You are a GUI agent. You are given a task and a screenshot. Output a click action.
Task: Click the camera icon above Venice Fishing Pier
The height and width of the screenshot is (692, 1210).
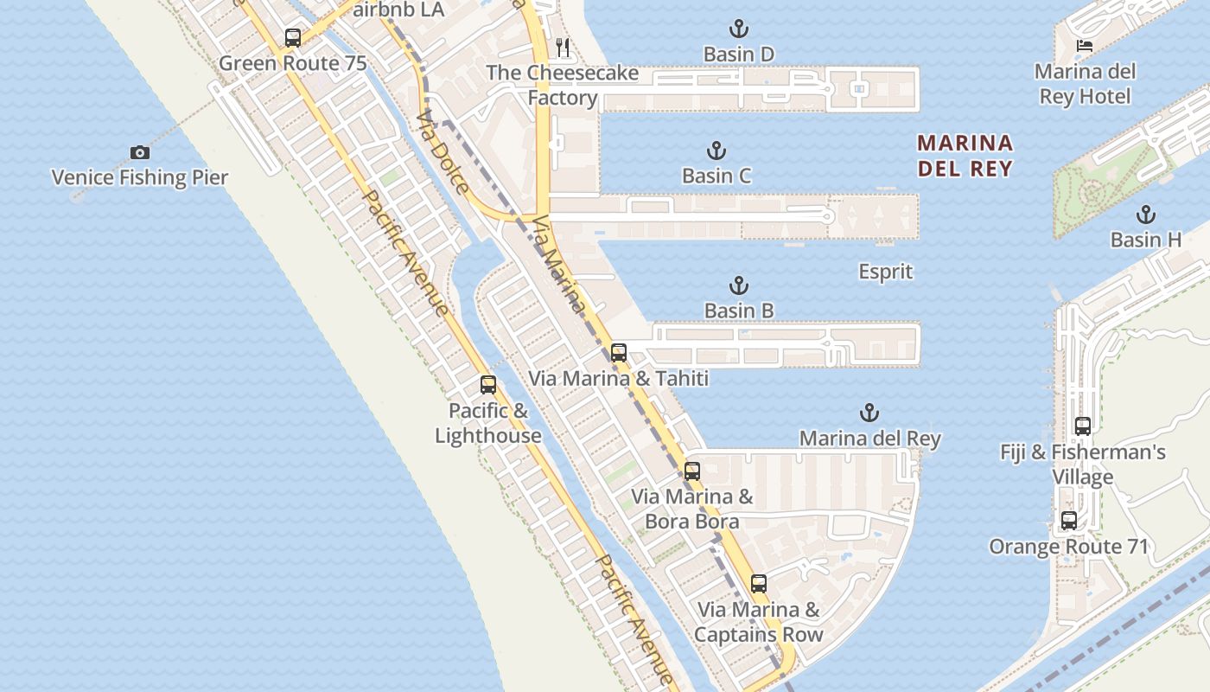pos(140,153)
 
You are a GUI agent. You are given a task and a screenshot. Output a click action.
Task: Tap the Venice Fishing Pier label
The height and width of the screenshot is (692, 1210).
pos(140,178)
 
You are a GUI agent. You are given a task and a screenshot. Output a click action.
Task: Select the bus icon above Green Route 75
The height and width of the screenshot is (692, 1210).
pos(293,38)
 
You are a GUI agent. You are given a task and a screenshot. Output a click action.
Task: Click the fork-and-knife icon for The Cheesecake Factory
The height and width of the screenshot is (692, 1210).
pos(563,47)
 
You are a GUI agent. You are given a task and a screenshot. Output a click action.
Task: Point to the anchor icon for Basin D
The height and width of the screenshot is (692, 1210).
pos(738,29)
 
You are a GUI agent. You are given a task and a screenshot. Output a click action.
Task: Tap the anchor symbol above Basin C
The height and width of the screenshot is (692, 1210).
pos(716,151)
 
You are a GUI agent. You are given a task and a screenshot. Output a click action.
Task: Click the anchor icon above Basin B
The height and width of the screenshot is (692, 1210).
pos(739,285)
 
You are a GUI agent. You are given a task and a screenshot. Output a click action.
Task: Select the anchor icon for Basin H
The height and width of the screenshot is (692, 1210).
pos(1146,215)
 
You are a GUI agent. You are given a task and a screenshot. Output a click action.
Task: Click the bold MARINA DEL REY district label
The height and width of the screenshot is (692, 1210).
pos(965,155)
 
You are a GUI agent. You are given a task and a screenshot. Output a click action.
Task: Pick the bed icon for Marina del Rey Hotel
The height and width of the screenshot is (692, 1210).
pos(1085,46)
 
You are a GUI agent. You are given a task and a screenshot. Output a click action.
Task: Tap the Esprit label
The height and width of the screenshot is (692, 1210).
pos(885,272)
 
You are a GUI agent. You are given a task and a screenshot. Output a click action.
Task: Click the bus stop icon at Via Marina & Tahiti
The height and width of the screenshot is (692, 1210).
pos(618,353)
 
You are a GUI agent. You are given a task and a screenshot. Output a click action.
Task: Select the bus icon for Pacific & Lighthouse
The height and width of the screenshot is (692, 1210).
pos(488,385)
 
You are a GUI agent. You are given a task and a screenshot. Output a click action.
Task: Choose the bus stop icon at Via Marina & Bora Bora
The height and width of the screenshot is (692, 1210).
pos(692,471)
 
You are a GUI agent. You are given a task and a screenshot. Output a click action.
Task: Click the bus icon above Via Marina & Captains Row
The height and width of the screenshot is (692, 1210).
pos(759,584)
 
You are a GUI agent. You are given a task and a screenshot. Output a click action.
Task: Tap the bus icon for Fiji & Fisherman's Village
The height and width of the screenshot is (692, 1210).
pos(1083,426)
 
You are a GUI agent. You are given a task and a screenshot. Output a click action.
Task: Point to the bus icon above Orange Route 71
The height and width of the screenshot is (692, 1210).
pos(1069,521)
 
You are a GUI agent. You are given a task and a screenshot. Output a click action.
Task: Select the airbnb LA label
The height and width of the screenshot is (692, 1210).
pos(399,10)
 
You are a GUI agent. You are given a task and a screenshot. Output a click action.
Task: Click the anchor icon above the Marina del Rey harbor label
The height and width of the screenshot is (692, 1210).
pos(869,413)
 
